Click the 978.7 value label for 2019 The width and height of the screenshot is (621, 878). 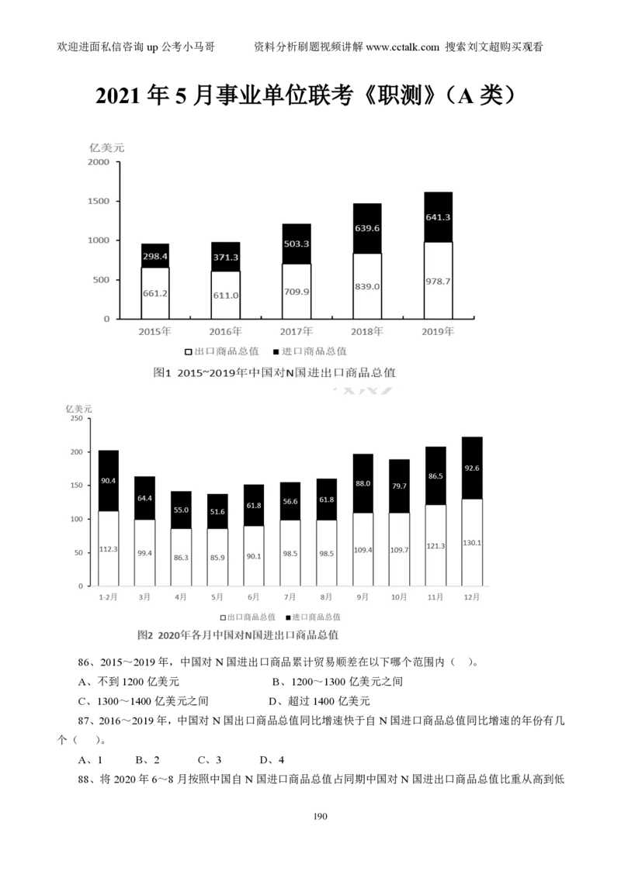coord(438,281)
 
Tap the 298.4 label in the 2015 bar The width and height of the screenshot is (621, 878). coord(155,255)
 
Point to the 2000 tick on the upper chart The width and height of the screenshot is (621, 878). coord(99,162)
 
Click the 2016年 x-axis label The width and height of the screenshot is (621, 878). coord(226,331)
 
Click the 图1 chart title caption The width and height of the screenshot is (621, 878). coord(275,373)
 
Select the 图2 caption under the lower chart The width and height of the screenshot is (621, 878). coord(238,635)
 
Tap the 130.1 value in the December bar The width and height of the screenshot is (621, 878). coord(472,543)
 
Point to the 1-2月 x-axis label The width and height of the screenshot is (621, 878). coord(108,597)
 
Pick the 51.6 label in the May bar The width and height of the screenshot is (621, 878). coord(217,512)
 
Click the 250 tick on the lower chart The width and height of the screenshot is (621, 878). coord(76,419)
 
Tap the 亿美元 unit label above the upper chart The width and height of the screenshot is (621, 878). coord(107,147)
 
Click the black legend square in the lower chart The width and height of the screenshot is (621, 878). coord(289,617)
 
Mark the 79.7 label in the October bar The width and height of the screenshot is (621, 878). coord(399,486)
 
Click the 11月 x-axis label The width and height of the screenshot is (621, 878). coord(435,597)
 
